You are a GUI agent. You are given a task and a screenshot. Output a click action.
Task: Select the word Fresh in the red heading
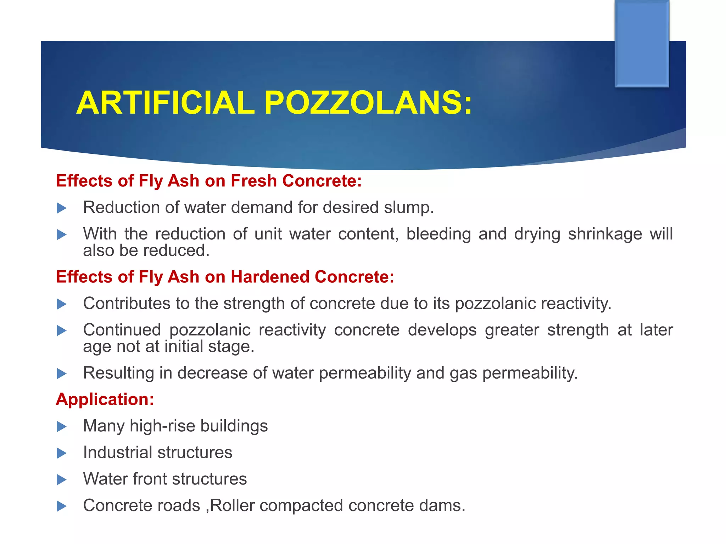253,181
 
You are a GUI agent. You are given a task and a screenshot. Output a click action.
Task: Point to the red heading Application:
105,399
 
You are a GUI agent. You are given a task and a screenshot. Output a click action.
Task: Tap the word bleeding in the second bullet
438,234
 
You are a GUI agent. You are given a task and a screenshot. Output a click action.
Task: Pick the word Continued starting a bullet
122,330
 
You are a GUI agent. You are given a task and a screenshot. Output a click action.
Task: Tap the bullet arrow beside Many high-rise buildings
62,427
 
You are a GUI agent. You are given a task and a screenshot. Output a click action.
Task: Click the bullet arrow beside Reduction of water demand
62,208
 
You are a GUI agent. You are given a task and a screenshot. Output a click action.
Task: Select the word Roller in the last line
232,506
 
